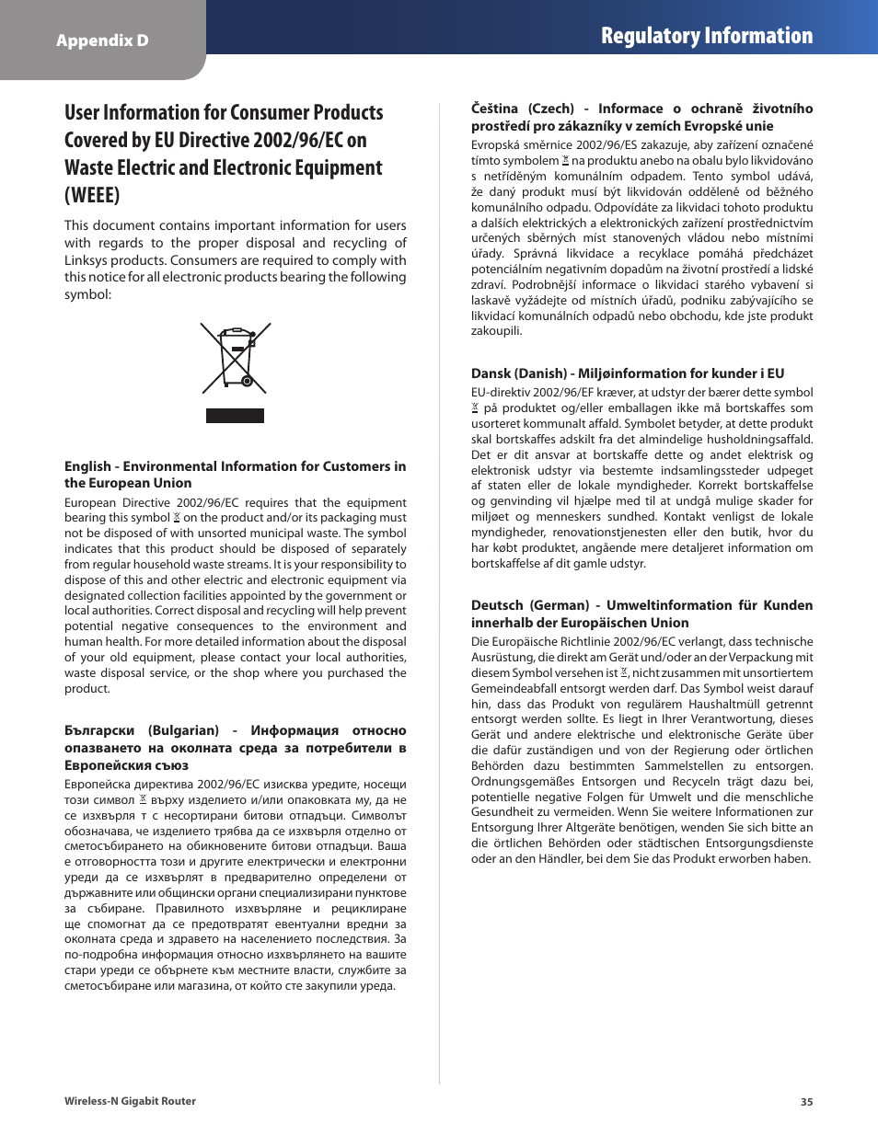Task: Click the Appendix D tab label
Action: [x=102, y=40]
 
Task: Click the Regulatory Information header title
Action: [x=707, y=36]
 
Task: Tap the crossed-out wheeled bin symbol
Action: [x=236, y=357]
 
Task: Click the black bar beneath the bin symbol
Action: [x=235, y=416]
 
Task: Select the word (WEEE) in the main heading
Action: [x=92, y=195]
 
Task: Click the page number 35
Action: [x=806, y=1102]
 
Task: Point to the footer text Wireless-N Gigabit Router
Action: [x=130, y=1101]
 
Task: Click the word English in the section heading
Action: [x=87, y=466]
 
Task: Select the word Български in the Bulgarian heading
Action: [x=99, y=730]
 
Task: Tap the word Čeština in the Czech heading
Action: [x=494, y=109]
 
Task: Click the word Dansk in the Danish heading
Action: [x=491, y=373]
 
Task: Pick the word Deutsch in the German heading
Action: [x=497, y=605]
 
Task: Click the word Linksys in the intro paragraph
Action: [x=87, y=260]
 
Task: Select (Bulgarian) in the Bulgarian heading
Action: [x=183, y=730]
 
